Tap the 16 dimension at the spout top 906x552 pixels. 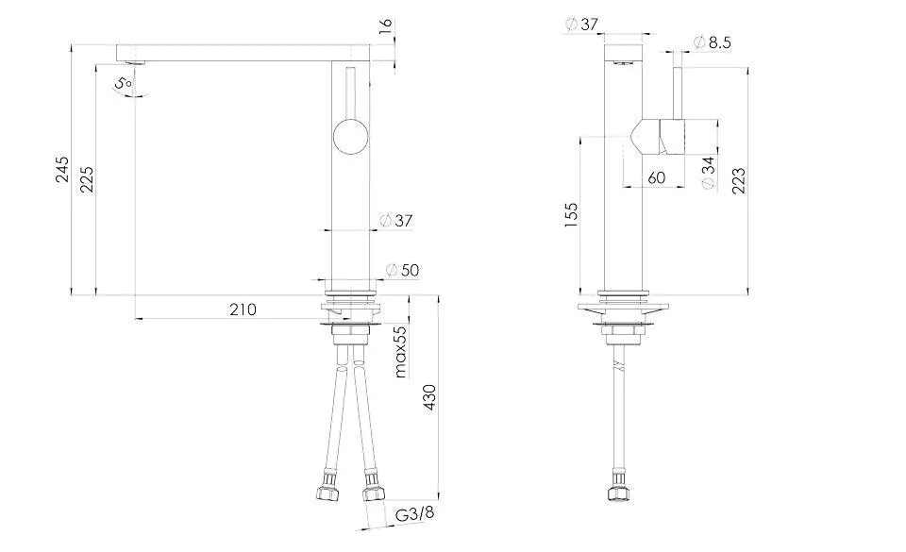point(385,26)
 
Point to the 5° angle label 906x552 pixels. point(124,84)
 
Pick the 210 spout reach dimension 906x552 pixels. point(242,309)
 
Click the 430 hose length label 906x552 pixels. point(429,400)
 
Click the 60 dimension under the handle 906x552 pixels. point(658,177)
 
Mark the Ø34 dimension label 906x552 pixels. point(709,174)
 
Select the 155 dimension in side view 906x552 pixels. point(570,216)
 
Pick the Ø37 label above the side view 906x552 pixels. point(581,24)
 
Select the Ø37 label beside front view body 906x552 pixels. point(397,221)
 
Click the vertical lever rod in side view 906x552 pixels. point(677,94)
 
